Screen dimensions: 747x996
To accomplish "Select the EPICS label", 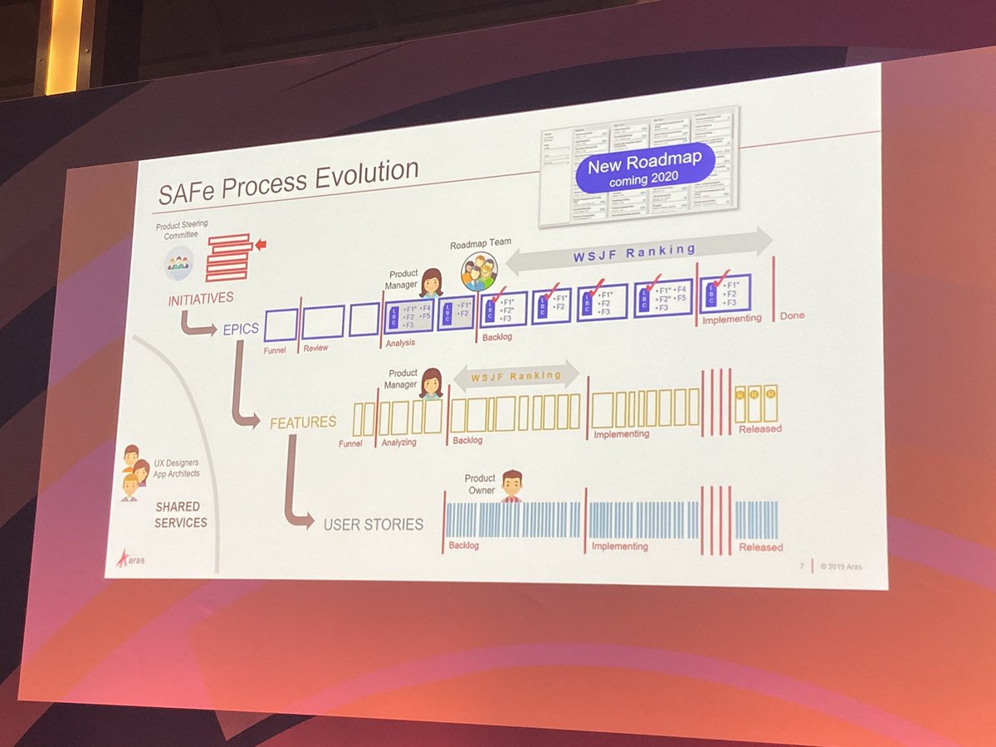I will [x=241, y=328].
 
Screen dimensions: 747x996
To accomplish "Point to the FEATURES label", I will [x=303, y=422].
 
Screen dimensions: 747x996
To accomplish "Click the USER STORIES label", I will [x=373, y=524].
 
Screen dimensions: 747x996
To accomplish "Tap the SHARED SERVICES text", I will [x=180, y=514].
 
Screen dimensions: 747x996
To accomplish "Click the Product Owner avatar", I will [x=512, y=485].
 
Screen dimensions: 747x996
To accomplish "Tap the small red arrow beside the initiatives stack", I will [x=261, y=244].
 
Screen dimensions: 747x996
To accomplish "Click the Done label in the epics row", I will [x=792, y=315].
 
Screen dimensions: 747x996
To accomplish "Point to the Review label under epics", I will [x=315, y=348].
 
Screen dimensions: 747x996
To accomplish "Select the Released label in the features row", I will [x=760, y=428].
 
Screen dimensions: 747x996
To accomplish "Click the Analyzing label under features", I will [x=398, y=442].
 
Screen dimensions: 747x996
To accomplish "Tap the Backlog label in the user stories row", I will [x=465, y=545].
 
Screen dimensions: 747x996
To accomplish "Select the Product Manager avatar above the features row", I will [x=431, y=383].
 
